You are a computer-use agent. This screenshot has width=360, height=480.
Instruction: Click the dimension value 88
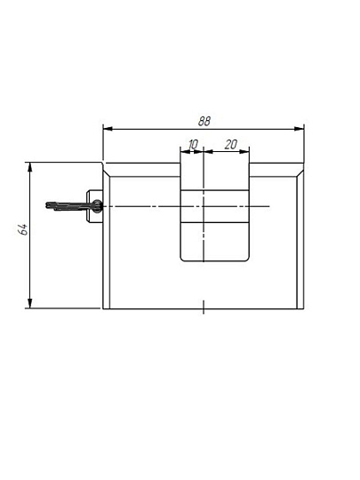pos(204,121)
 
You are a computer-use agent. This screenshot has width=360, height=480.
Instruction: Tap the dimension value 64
pos(23,229)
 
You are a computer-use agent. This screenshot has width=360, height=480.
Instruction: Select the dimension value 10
pos(193,144)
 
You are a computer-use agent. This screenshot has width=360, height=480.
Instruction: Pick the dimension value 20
pos(231,144)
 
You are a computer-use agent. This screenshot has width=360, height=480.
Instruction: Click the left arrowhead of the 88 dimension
pos(108,129)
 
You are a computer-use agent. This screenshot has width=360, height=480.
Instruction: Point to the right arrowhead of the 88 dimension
pos(299,129)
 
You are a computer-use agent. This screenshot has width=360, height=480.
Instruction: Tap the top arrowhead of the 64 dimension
pos(29,167)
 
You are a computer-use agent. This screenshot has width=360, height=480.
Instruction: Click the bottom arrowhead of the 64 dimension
pos(29,303)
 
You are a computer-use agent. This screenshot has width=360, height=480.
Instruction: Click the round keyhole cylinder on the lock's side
pos(97,205)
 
